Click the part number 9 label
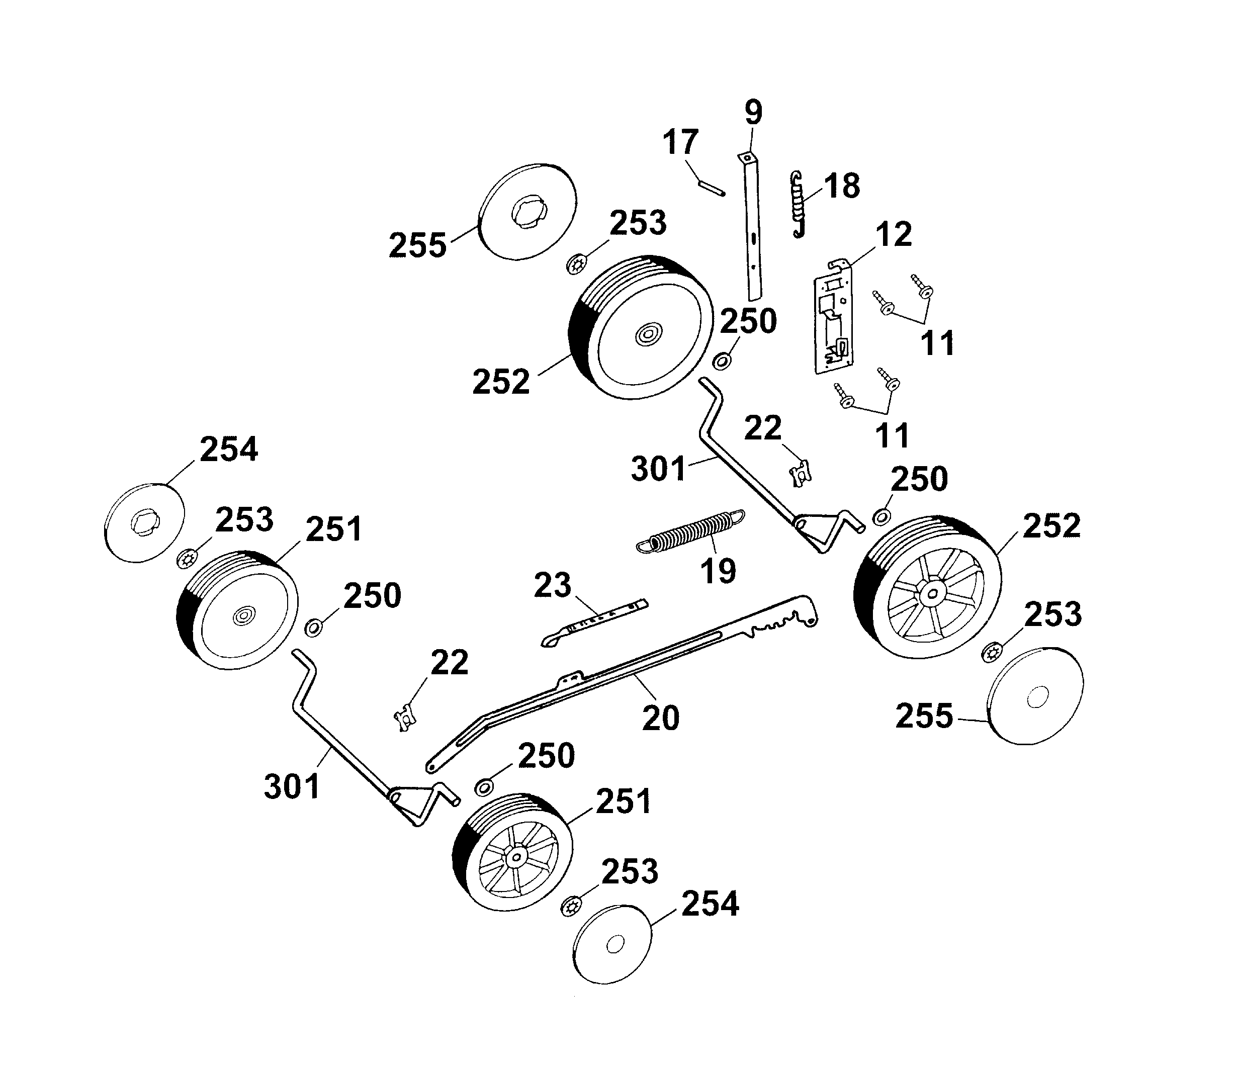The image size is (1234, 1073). [753, 112]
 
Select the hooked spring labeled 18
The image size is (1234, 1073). [797, 204]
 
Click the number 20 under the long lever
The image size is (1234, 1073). [660, 718]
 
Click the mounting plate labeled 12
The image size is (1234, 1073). [833, 317]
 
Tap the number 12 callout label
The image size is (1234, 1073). [894, 234]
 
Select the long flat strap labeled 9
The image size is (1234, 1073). [751, 228]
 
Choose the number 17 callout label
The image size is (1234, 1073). [680, 142]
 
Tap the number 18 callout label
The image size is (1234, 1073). [842, 186]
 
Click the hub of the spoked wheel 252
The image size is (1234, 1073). [932, 593]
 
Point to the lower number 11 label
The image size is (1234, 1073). [892, 435]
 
